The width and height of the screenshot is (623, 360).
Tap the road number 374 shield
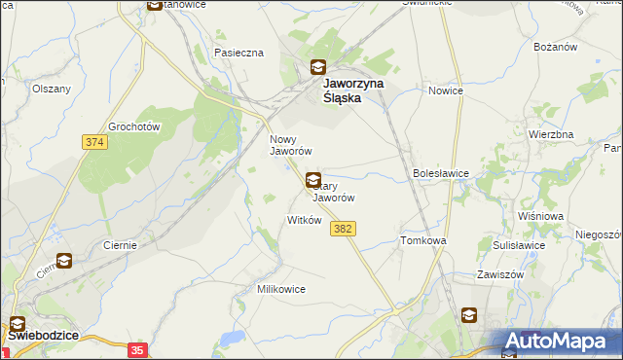pos(93,142)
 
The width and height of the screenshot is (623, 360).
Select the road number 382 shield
pos(342,228)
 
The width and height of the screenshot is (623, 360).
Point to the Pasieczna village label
pos(239,52)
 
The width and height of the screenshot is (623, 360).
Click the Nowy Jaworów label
pos(290,145)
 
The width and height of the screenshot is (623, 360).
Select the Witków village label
pos(304,220)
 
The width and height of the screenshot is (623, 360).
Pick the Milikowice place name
pos(281,289)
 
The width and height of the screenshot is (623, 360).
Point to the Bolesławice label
pos(441,173)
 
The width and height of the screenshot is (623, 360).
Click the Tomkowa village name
pos(422,240)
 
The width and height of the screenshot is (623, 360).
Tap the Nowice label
pos(446,90)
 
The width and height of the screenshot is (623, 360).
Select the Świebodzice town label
pos(44,335)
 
